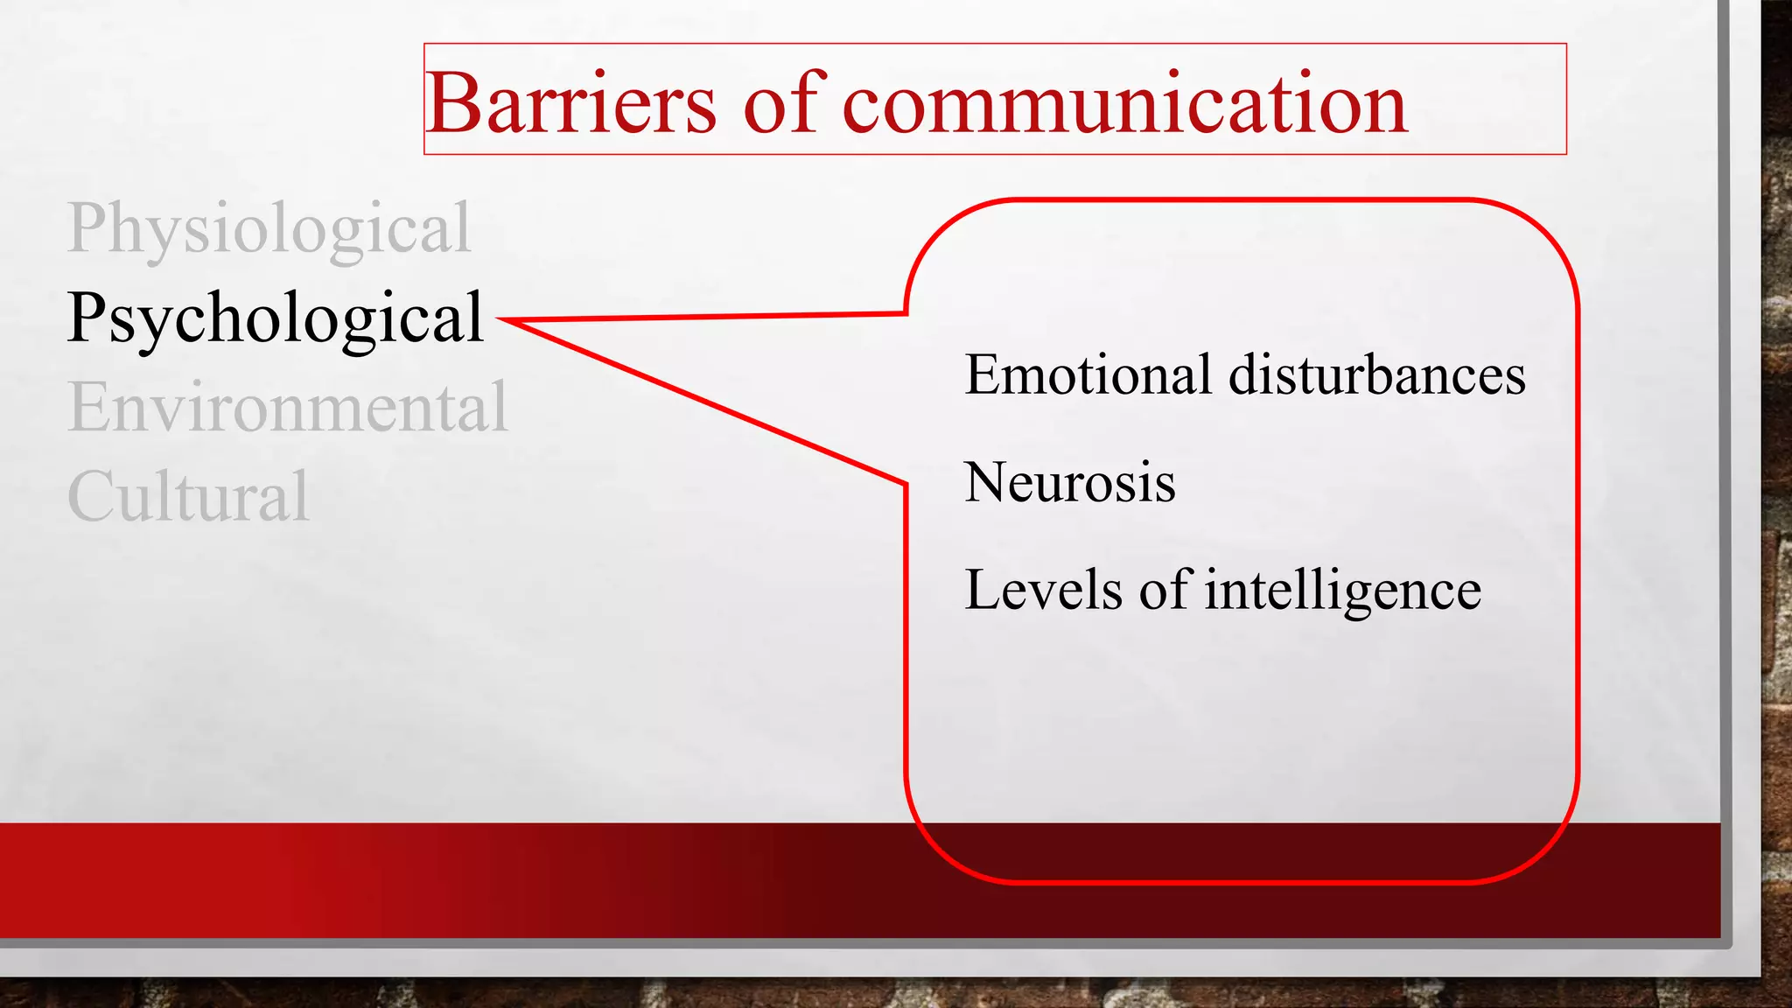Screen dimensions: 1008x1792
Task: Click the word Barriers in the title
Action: point(572,104)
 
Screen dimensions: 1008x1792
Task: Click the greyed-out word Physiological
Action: point(269,228)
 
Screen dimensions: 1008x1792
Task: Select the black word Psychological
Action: point(276,318)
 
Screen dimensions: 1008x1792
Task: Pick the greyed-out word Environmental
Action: point(288,408)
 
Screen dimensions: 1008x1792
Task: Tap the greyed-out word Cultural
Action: point(188,497)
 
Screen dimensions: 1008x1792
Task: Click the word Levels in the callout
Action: point(1042,590)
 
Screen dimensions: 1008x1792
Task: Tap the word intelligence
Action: point(1342,591)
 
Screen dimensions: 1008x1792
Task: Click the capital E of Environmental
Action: point(87,408)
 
